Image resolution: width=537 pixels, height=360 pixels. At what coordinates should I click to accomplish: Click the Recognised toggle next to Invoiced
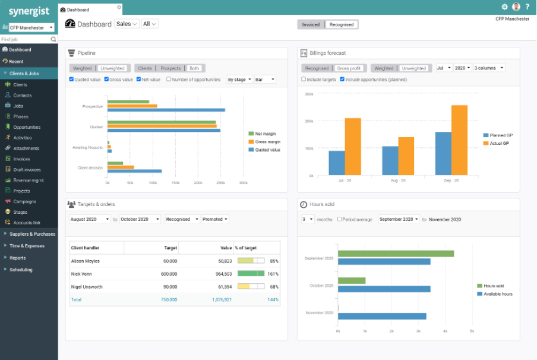pyautogui.click(x=342, y=24)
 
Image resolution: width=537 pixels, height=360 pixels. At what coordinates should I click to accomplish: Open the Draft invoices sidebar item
pyautogui.click(x=27, y=170)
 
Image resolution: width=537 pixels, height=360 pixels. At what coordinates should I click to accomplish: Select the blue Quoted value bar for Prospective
pyautogui.click(x=166, y=110)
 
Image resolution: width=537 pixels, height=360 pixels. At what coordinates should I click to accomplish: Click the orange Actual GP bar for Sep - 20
pyautogui.click(x=459, y=140)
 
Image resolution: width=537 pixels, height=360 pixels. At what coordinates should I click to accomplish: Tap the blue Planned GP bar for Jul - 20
pyautogui.click(x=337, y=163)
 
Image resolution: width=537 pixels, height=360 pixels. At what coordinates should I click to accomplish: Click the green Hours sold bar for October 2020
pyautogui.click(x=352, y=280)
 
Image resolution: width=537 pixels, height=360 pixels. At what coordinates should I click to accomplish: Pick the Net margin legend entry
pyautogui.click(x=265, y=134)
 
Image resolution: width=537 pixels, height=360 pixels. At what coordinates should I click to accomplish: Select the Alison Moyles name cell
pyautogui.click(x=86, y=261)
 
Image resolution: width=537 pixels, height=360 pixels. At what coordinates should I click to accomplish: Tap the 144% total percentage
pyautogui.click(x=273, y=300)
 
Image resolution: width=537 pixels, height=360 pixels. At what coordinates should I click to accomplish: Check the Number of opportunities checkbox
pyautogui.click(x=169, y=79)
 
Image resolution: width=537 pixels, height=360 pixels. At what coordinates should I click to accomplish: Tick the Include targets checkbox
pyautogui.click(x=304, y=79)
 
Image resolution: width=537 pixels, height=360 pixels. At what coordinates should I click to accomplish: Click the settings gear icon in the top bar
pyautogui.click(x=504, y=7)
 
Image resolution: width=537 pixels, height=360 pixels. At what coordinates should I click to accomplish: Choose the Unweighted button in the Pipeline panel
pyautogui.click(x=112, y=68)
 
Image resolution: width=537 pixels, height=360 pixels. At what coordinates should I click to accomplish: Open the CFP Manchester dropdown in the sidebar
pyautogui.click(x=31, y=27)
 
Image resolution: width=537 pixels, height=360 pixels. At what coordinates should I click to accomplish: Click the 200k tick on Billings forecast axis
pyautogui.click(x=309, y=121)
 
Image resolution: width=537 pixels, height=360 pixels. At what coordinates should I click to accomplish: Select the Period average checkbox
pyautogui.click(x=339, y=219)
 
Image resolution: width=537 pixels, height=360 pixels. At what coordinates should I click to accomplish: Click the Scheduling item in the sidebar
pyautogui.click(x=21, y=270)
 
